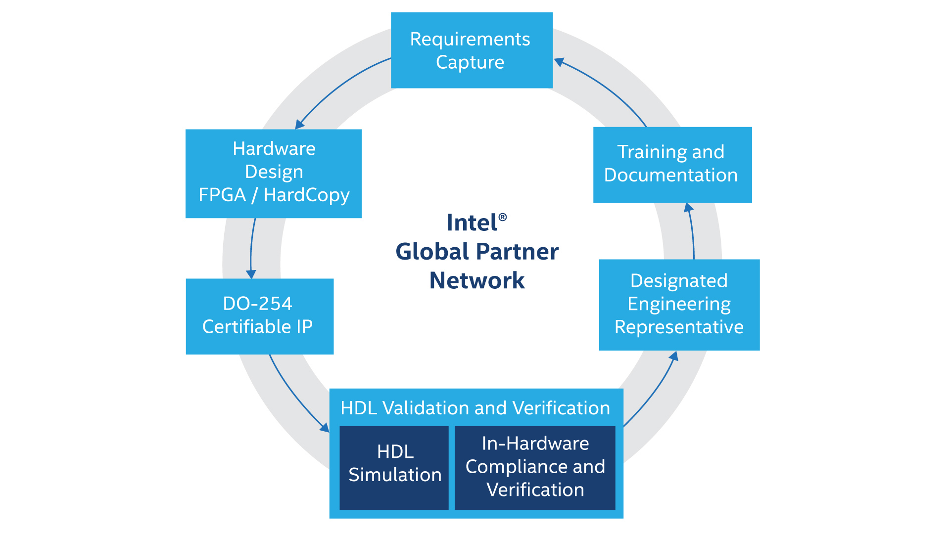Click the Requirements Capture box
(x=472, y=50)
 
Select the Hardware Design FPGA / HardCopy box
(x=273, y=173)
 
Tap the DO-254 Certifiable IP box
(x=259, y=316)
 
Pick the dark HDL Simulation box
(x=394, y=468)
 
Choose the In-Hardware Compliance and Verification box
(x=535, y=468)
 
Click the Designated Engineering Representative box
(x=679, y=305)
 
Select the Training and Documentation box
(x=672, y=165)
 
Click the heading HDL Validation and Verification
(x=475, y=408)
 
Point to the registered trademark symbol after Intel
(x=503, y=217)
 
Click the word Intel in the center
(x=472, y=223)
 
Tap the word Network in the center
(x=476, y=280)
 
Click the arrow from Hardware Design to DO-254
(x=251, y=247)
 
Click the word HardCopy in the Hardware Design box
(x=306, y=195)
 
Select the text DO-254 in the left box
(x=257, y=304)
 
